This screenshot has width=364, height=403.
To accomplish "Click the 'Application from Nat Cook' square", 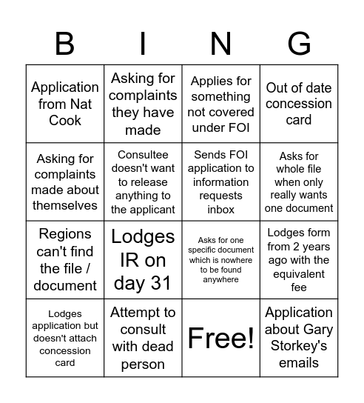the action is coord(65,104).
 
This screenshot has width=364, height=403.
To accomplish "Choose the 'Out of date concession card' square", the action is coord(298,104).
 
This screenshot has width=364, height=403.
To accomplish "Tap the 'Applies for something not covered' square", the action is coord(220,104).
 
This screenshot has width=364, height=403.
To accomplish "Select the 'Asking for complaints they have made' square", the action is coord(143,104).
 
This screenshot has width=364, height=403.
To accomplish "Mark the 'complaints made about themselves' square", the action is coord(65,181).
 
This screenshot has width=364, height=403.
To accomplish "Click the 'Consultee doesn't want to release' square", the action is coord(143,181).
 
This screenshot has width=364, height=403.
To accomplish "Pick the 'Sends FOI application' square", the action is coord(220,181).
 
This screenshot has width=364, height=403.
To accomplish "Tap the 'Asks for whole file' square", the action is coord(298,181).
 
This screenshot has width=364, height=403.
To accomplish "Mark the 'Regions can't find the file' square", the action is coord(65,259).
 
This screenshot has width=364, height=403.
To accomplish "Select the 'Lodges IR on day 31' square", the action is coord(143,259).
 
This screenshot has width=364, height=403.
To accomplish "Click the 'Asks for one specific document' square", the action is coord(220,259).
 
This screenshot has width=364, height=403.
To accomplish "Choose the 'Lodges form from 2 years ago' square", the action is coord(298,259).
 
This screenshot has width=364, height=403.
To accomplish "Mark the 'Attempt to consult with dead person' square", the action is coord(143,338).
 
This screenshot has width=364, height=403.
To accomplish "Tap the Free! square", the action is coord(220,338).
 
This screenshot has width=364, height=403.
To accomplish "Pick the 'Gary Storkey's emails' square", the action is coord(298,338).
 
